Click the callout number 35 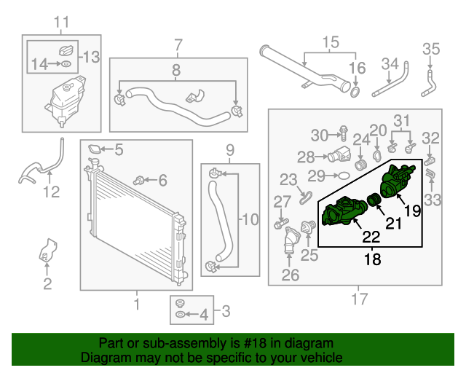click(432, 50)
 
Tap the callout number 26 click(290, 275)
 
